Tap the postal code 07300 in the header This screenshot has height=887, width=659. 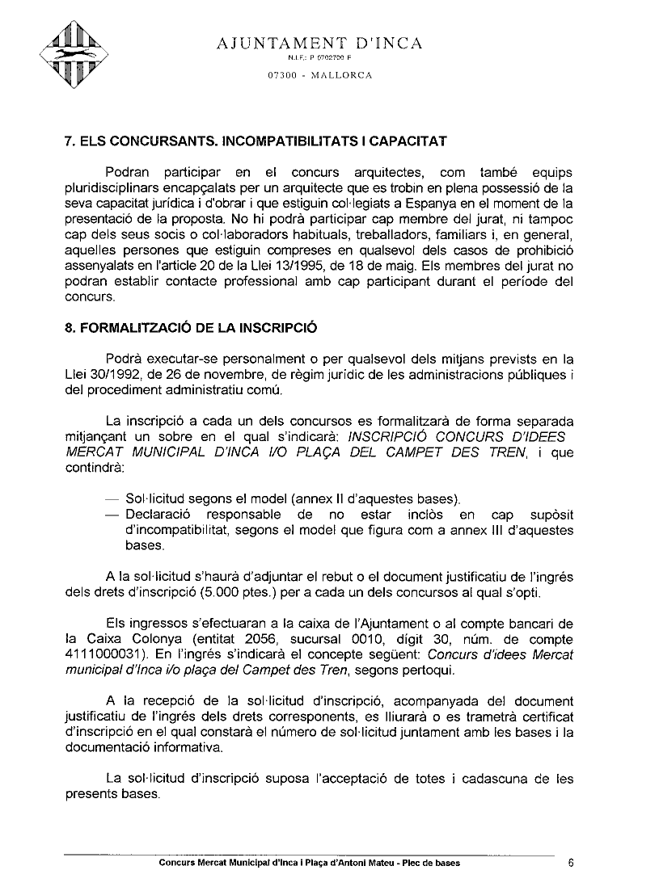[283, 76]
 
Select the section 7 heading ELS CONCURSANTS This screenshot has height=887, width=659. [255, 141]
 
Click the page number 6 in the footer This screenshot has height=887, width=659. [571, 863]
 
